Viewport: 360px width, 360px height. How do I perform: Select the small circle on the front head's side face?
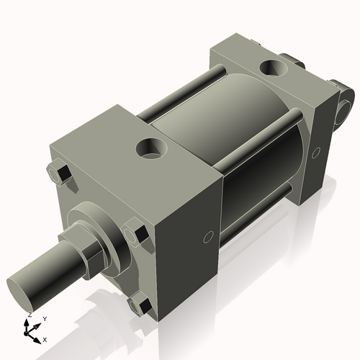[x=208, y=236]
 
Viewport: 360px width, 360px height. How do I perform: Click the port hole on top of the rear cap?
[x=274, y=68]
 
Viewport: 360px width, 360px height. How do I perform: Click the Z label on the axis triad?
[x=29, y=315]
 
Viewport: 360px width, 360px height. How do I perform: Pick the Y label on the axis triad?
[x=45, y=318]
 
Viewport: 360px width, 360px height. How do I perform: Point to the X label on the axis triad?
[x=45, y=338]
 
